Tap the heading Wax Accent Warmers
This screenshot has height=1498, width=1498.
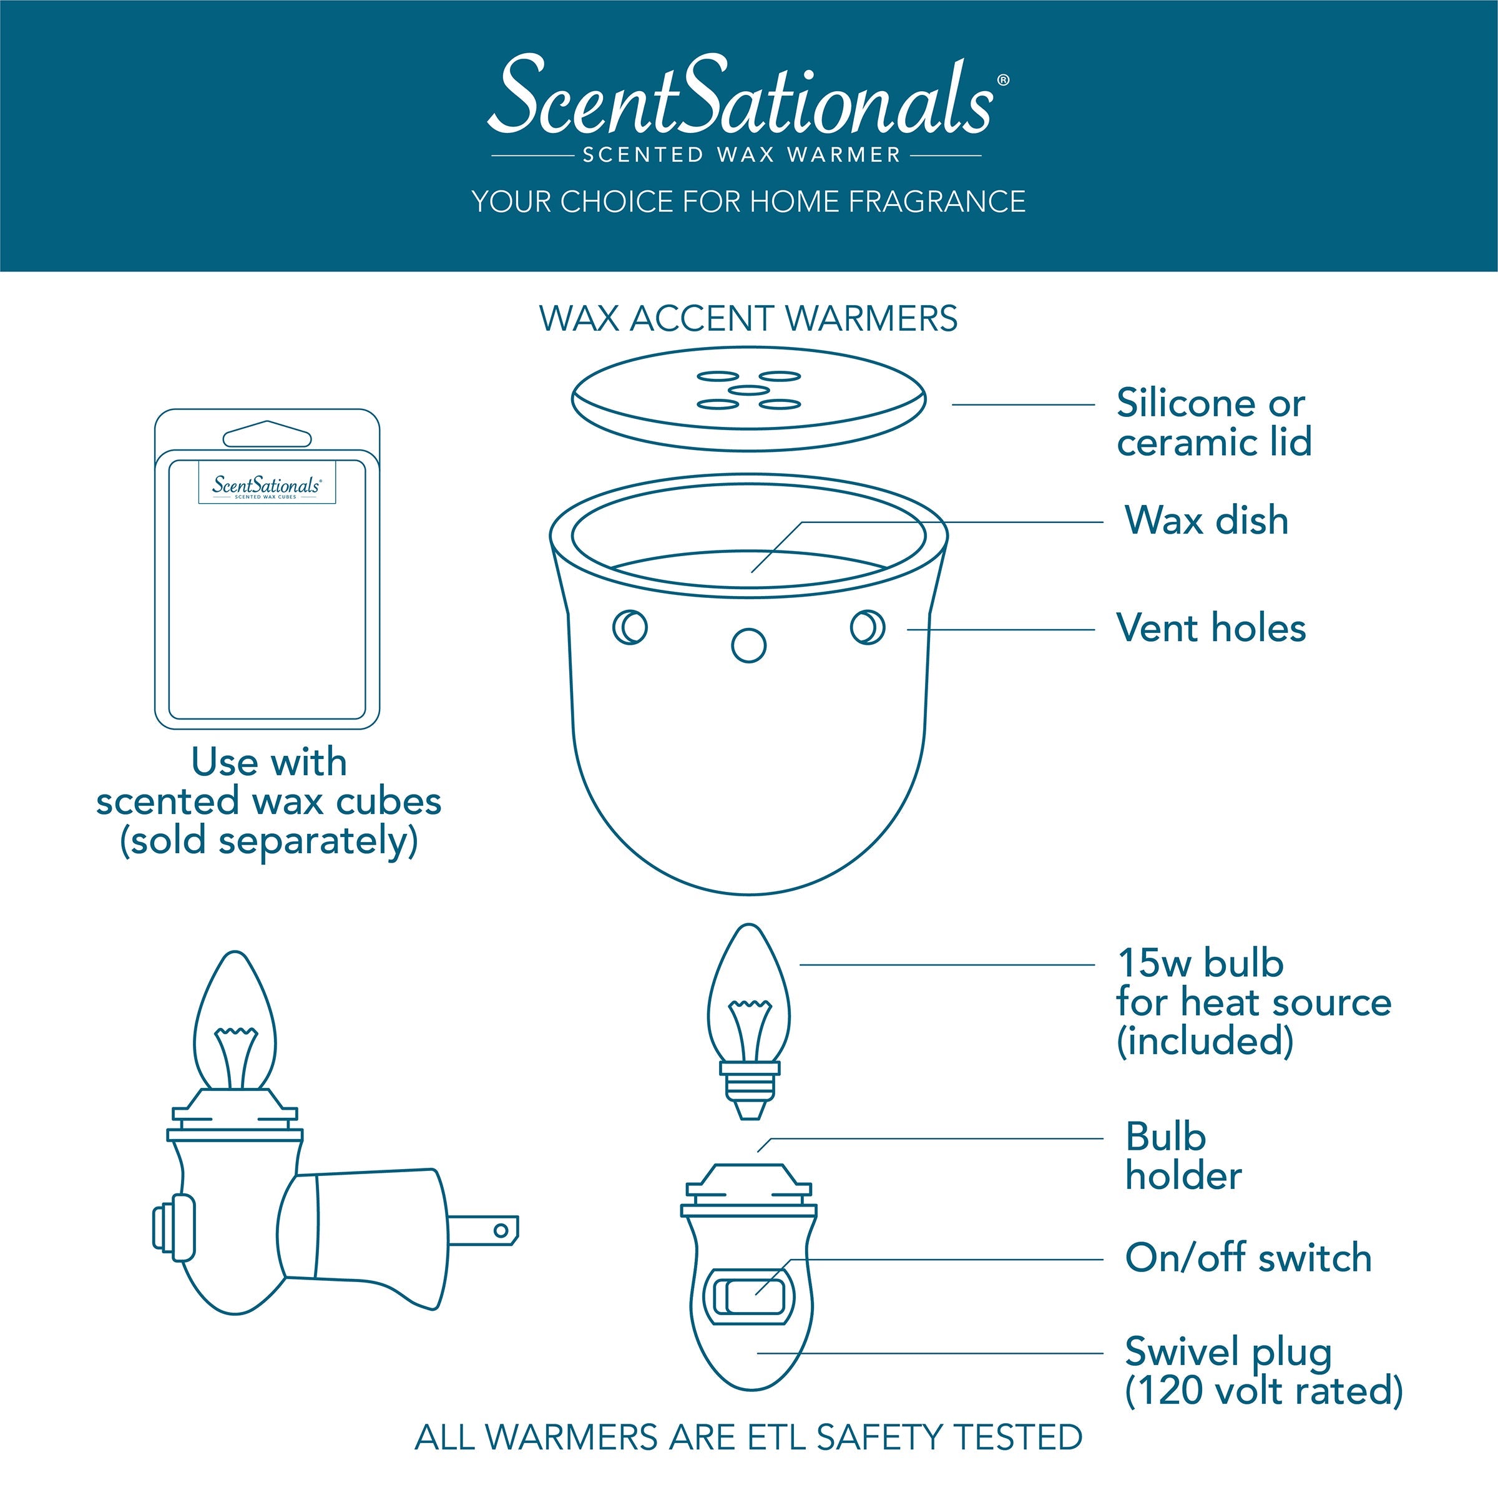[748, 319]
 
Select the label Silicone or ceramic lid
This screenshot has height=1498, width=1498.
[1214, 423]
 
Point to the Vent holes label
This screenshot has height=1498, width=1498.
[1211, 628]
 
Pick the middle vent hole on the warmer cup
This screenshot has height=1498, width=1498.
[748, 645]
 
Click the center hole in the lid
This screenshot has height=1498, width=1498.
[748, 390]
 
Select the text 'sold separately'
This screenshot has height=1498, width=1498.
[268, 842]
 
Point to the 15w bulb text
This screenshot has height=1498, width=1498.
[1200, 963]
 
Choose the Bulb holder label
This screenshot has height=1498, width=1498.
[1183, 1157]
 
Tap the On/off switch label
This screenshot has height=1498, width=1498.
[1248, 1257]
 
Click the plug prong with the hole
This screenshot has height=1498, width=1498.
[483, 1230]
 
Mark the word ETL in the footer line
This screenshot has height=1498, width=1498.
[778, 1437]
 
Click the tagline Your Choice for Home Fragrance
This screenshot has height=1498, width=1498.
[748, 202]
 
